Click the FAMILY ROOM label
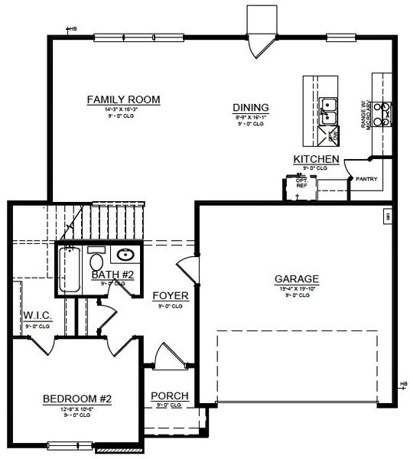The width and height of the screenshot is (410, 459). pos(122,99)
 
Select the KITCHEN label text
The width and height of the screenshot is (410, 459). pos(316,158)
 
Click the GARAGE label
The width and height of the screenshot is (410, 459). pos(297,278)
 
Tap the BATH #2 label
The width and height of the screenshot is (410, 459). pos(112,275)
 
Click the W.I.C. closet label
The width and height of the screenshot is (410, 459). pos(37,315)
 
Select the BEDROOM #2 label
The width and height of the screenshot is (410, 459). pos(76,399)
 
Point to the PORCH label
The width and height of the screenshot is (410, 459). pos(170,396)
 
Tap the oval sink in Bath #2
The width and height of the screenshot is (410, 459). pos(124,255)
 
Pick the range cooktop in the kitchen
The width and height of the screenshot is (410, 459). pos(383,113)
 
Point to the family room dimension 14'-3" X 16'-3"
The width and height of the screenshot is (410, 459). pos(122,110)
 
